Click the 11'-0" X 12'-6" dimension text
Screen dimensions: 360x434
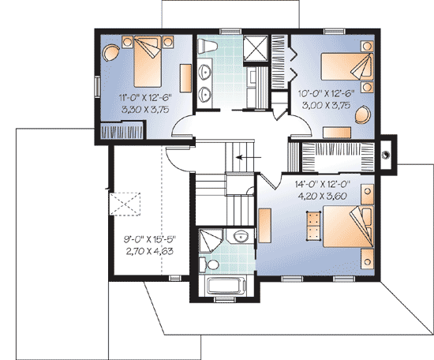coord(143,98)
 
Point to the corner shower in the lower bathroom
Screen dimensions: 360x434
coord(209,237)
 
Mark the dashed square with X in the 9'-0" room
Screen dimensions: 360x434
coord(125,204)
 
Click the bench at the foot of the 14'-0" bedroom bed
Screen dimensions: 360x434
coord(312,226)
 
